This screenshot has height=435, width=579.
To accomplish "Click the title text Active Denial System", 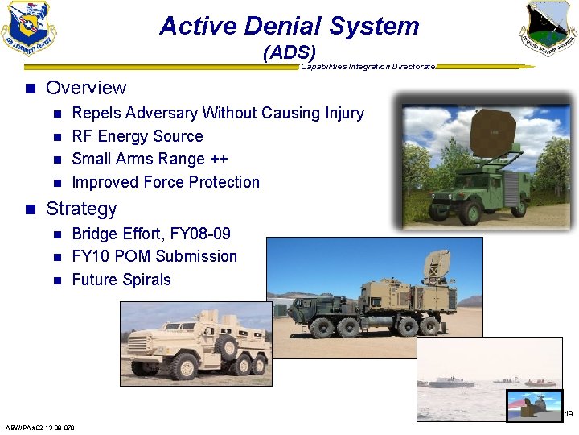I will coord(289,26).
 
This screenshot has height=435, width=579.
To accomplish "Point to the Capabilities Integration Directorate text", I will coord(368,66).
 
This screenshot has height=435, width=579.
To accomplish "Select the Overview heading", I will coord(86,88).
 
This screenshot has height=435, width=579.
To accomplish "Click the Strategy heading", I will coord(81,209).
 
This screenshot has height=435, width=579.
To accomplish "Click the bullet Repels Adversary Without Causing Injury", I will coord(218,114).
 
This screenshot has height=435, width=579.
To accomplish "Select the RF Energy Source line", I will coord(138,136).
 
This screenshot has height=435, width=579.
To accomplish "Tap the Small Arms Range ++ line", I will coord(150,159).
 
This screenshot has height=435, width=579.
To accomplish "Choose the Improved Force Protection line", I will coord(166,182).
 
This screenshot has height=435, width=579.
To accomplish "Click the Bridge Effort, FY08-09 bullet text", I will coord(151,234).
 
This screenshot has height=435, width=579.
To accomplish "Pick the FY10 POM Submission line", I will coord(154,256).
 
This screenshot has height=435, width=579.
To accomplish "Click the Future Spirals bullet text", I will coord(121,280).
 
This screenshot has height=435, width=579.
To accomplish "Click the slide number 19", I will coord(568,414).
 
